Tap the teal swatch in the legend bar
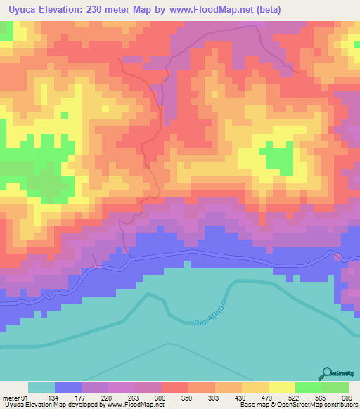[x=41, y=387]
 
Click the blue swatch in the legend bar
[x=68, y=387]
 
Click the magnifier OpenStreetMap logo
[x=328, y=372]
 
